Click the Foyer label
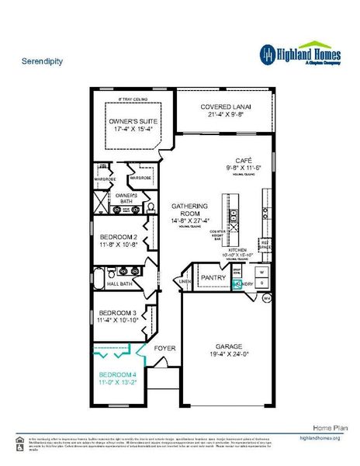[165, 348]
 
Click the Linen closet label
[185, 282]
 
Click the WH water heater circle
[266, 297]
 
